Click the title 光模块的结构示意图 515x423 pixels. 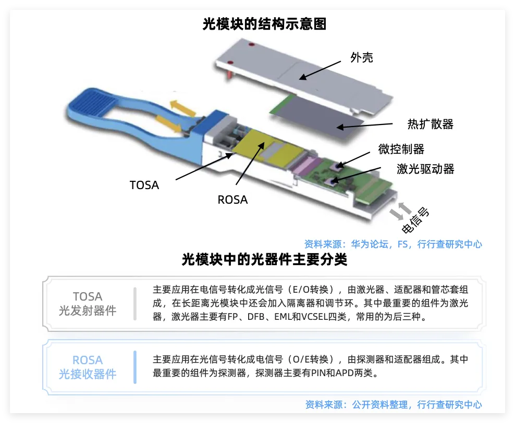click(x=264, y=24)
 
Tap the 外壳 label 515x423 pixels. click(x=362, y=57)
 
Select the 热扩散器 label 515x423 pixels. click(x=430, y=124)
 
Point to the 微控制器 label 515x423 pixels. click(x=401, y=149)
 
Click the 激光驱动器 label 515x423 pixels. click(x=425, y=169)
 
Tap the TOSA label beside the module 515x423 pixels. click(x=144, y=185)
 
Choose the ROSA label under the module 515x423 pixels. click(x=232, y=200)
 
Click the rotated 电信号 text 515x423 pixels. click(x=415, y=220)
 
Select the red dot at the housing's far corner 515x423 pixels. click(x=252, y=44)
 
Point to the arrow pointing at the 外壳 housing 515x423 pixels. click(x=320, y=70)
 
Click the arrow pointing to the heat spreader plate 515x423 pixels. click(x=364, y=126)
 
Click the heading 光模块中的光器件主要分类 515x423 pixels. click(x=264, y=259)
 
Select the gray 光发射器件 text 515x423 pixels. click(x=88, y=310)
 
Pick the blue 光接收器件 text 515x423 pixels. click(x=88, y=374)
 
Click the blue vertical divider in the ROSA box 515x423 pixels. click(x=135, y=367)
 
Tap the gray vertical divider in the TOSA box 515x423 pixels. click(x=135, y=304)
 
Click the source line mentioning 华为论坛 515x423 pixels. click(x=393, y=244)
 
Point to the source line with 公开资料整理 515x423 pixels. click(x=394, y=405)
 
